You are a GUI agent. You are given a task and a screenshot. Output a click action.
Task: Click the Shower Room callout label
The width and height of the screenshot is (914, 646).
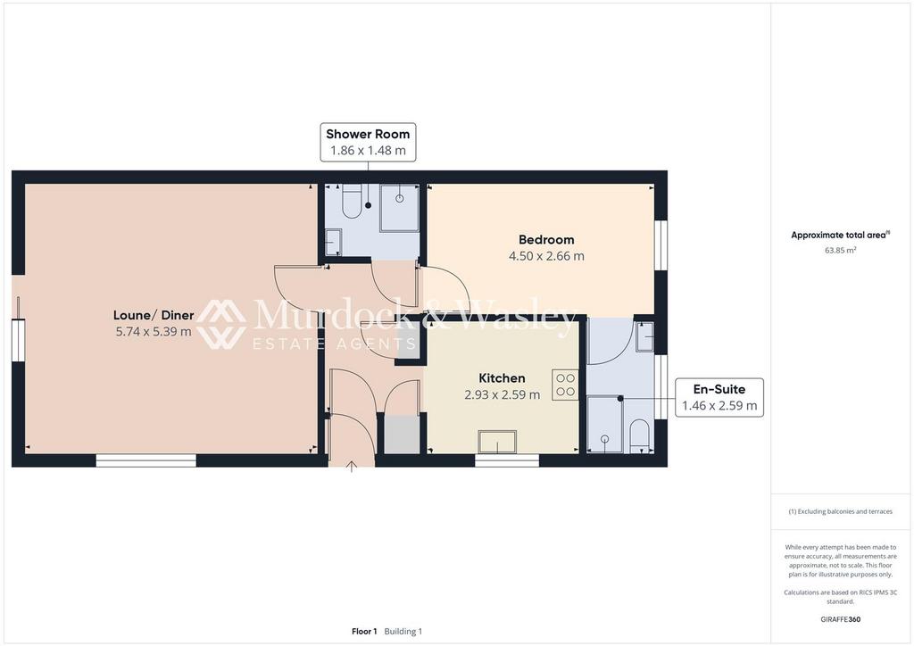click(368, 142)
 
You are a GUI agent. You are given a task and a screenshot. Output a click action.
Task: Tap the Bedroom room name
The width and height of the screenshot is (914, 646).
click(546, 239)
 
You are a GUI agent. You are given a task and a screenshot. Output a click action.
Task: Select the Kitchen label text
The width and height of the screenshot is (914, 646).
click(502, 378)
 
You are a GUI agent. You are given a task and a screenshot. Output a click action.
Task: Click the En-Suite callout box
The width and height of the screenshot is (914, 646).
click(719, 397)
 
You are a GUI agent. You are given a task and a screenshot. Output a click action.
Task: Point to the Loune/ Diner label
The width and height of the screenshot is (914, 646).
click(154, 315)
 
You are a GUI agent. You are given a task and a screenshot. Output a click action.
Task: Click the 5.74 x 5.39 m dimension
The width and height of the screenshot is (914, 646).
click(154, 332)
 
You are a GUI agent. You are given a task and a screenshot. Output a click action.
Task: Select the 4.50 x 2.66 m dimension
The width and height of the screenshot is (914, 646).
click(546, 256)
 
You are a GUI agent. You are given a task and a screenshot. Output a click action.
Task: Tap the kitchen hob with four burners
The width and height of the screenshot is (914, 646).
click(565, 385)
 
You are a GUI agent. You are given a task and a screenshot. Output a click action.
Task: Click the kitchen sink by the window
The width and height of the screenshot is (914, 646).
click(497, 442)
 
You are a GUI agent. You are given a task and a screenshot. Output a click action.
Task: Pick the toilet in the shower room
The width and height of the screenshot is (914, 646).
click(352, 201)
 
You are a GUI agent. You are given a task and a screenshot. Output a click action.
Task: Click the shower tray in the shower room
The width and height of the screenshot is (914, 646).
click(399, 208)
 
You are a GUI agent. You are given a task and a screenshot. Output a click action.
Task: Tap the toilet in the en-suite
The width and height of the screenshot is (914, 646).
click(639, 435)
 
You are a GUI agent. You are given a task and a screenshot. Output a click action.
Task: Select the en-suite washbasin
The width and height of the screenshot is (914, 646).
click(644, 337)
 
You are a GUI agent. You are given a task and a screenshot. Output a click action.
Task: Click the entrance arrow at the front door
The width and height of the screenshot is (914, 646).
click(352, 467)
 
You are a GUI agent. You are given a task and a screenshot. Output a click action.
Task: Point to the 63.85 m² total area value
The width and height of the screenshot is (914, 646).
click(840, 251)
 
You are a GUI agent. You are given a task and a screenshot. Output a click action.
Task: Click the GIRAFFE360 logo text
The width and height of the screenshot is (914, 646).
click(840, 619)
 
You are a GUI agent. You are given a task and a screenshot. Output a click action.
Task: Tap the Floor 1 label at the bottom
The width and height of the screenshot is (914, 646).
click(364, 632)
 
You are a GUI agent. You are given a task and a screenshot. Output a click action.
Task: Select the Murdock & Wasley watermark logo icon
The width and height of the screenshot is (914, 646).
click(221, 324)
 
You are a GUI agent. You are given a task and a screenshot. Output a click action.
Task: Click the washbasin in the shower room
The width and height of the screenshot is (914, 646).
click(333, 242)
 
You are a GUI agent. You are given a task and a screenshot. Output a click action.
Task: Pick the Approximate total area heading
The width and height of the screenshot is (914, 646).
click(840, 236)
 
